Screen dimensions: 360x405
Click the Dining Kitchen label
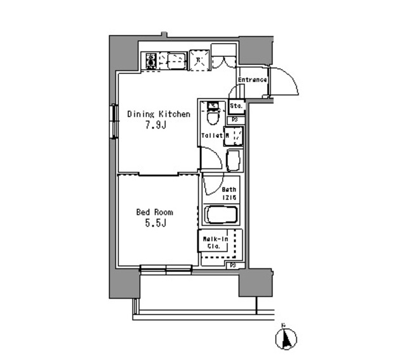tap(158, 115)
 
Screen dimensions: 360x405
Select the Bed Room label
tap(154, 213)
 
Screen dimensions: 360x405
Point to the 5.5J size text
tap(154, 223)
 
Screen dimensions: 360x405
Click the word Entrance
tap(252, 80)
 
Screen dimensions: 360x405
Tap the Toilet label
tap(211, 135)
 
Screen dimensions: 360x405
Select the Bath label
tap(229, 189)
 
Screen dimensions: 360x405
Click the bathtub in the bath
tap(221, 215)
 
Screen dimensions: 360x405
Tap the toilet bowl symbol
tap(213, 116)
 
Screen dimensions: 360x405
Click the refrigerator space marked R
tap(198, 61)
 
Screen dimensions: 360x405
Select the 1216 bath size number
tap(229, 197)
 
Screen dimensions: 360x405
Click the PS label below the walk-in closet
tap(233, 264)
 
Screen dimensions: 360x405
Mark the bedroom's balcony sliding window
tap(165, 270)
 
